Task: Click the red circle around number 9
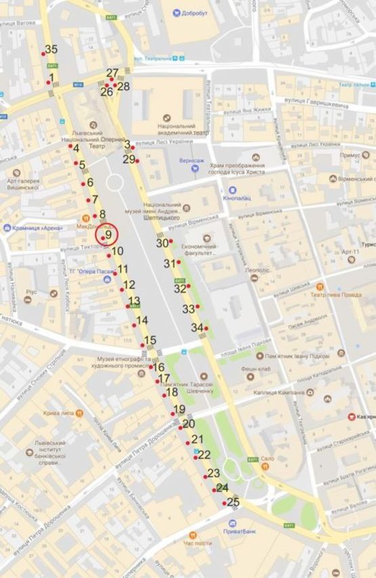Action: tap(107, 235)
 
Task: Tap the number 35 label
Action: tap(51, 49)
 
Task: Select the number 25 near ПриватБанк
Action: tap(233, 502)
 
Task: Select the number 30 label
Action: tap(163, 243)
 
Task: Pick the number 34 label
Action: tap(197, 327)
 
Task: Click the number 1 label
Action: tap(51, 78)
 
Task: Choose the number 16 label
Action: tap(159, 367)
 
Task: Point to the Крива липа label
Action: tap(49, 413)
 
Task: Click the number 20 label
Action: tap(189, 423)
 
